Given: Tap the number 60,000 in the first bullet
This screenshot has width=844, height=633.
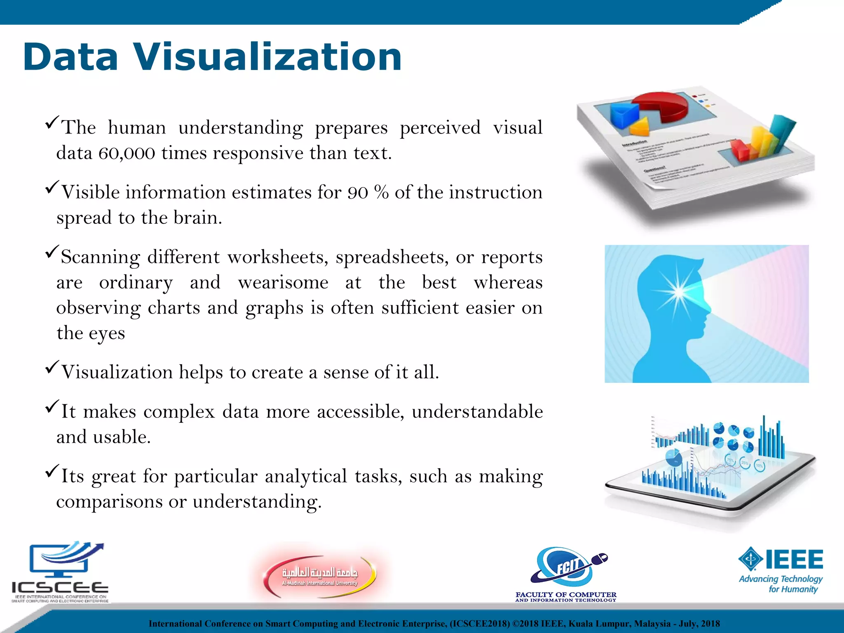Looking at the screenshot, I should [x=127, y=153].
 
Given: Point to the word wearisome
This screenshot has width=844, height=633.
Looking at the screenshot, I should [x=283, y=283].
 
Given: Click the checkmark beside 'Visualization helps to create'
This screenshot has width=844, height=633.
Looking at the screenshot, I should [x=52, y=367].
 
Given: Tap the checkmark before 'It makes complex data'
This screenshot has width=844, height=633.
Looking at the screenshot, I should [x=52, y=406].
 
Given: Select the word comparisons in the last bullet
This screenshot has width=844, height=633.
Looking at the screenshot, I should [x=109, y=502].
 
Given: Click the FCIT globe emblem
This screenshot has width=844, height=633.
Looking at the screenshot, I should [x=565, y=567].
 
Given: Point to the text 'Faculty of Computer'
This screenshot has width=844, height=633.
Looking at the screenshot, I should [x=566, y=595].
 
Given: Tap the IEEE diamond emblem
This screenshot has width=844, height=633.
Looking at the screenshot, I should [x=751, y=559].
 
